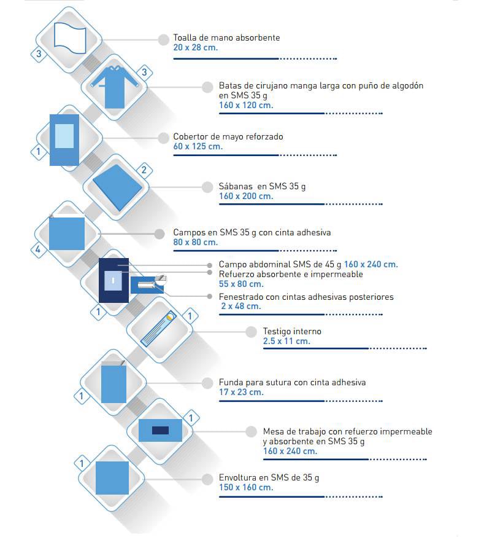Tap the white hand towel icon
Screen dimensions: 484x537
pyautogui.click(x=70, y=38)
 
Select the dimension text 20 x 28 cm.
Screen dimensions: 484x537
pyautogui.click(x=196, y=47)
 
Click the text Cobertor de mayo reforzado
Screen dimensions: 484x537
pyautogui.click(x=228, y=136)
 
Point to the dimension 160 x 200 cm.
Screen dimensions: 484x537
pyautogui.click(x=246, y=196)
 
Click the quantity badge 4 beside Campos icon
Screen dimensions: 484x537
pyautogui.click(x=38, y=249)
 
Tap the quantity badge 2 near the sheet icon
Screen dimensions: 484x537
pyautogui.click(x=144, y=170)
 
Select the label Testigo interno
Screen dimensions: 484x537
pyautogui.click(x=292, y=331)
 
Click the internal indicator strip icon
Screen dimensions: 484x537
pyautogui.click(x=159, y=329)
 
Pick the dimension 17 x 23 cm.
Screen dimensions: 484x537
pyautogui.click(x=241, y=392)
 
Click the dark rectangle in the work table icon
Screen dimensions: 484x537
pyautogui.click(x=160, y=430)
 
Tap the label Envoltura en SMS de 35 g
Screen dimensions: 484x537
pyautogui.click(x=269, y=478)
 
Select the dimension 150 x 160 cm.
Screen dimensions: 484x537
pyautogui.click(x=246, y=487)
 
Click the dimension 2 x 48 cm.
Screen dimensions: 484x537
pyautogui.click(x=241, y=306)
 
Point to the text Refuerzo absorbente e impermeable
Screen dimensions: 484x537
pyautogui.click(x=291, y=274)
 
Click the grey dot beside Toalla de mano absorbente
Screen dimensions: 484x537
pyautogui.click(x=163, y=40)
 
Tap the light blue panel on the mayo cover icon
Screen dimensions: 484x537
pyautogui.click(x=64, y=136)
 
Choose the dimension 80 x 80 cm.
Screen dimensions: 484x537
pyautogui.click(x=196, y=243)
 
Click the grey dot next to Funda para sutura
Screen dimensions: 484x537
pyautogui.click(x=207, y=383)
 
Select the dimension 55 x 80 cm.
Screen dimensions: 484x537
pyautogui.click(x=241, y=284)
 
